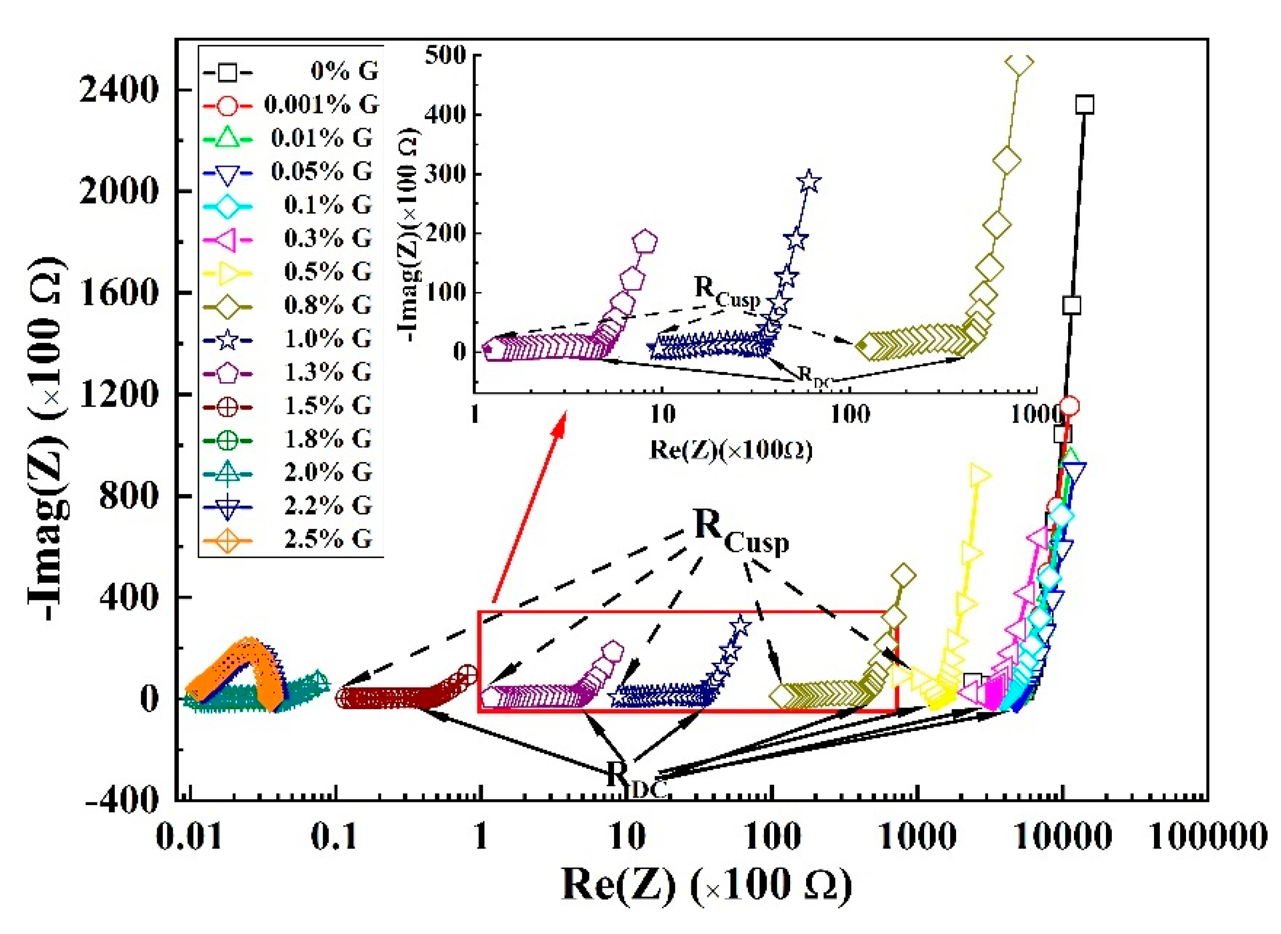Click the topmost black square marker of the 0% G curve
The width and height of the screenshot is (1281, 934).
1085,104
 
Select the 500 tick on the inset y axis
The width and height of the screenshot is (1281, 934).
447,55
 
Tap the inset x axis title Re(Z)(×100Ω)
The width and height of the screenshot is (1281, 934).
730,450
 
